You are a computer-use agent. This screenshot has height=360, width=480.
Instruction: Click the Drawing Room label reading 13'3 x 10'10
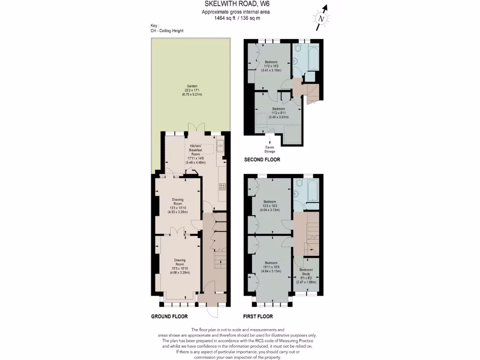tap(178, 206)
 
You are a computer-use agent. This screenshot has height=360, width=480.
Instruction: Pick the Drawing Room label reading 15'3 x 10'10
tap(180, 266)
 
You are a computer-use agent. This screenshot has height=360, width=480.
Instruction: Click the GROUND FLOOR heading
tap(169, 316)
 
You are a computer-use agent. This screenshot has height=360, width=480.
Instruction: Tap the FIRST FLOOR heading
tap(258, 316)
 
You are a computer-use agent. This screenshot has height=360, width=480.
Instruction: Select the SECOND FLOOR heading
tap(262, 160)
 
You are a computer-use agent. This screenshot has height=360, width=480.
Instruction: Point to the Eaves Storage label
tap(270, 150)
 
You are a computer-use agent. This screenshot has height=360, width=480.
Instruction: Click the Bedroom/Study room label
tap(307, 275)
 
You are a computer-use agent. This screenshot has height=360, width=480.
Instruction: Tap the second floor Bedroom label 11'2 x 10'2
tap(271, 66)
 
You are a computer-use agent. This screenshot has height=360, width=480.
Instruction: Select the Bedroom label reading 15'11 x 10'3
tap(271, 267)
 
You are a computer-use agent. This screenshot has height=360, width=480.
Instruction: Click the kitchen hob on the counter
tap(222, 186)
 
